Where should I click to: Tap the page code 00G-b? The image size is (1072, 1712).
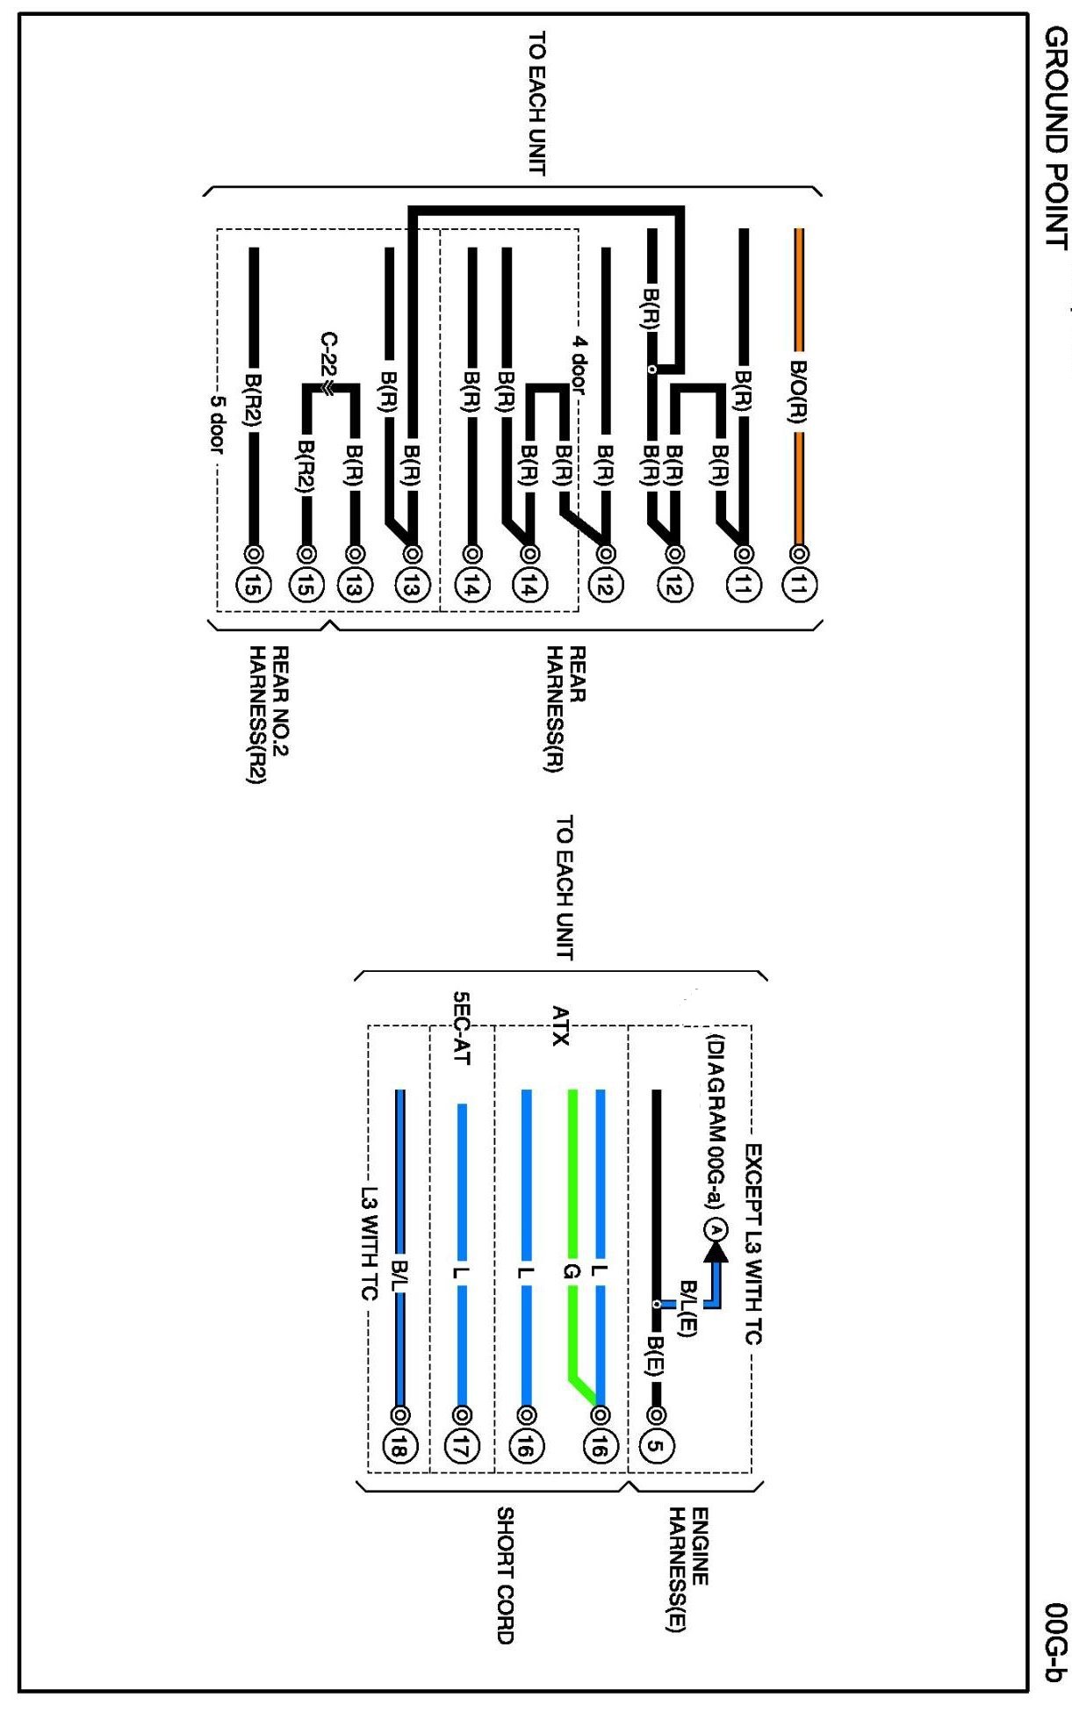(x=1056, y=1641)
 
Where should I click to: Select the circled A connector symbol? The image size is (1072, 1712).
(x=716, y=1230)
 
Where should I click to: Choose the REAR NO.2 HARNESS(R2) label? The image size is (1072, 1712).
(x=268, y=716)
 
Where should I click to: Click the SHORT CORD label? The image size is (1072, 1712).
(x=506, y=1575)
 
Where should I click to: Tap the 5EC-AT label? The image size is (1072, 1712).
(x=462, y=1028)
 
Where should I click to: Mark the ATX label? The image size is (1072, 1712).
(x=560, y=1026)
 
